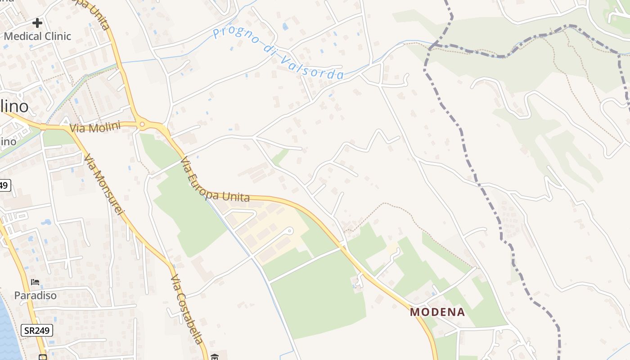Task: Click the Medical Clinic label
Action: pos(37,36)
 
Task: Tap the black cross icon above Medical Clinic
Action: pos(37,22)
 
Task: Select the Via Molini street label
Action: pos(95,128)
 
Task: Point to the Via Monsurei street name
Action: pos(103,184)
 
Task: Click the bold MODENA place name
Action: pos(437,312)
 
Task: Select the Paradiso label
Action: pos(35,296)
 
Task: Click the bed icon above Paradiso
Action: pos(35,283)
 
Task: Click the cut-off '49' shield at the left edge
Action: pos(4,185)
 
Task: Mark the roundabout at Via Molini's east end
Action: pos(142,125)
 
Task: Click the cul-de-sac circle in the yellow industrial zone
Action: pos(290,231)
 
